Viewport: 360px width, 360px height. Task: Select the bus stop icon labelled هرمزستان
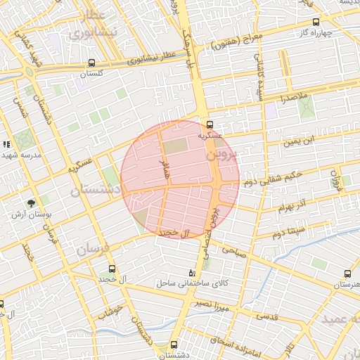coord(347,274)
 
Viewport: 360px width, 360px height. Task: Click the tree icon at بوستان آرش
coord(32,203)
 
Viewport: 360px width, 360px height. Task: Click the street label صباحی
coord(234,250)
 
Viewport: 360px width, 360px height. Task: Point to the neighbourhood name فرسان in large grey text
coord(93,248)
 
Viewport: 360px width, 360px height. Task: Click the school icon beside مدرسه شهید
coord(6,144)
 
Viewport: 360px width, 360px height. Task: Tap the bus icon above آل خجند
coord(112,269)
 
